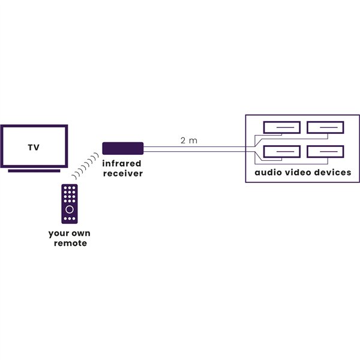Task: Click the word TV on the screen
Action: [x=34, y=147]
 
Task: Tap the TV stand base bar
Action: [x=34, y=170]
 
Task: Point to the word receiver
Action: [x=123, y=173]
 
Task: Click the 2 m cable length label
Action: [x=188, y=141]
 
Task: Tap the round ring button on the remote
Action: [x=70, y=209]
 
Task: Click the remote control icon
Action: [x=70, y=204]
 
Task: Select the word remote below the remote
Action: [x=70, y=243]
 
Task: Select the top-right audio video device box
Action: [x=325, y=127]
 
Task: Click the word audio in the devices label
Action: [x=268, y=172]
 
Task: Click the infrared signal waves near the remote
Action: [x=85, y=164]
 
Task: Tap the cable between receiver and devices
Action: [x=192, y=148]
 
